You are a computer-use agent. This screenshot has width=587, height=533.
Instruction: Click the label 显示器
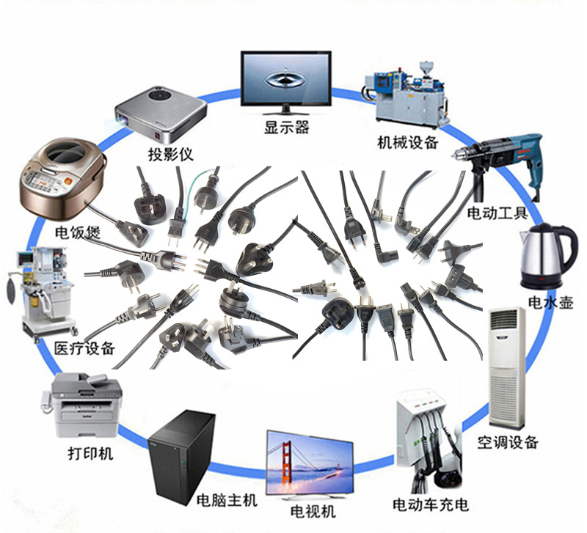[286, 128]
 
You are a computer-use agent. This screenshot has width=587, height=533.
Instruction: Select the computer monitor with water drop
[286, 81]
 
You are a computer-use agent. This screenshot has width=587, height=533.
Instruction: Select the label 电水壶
[549, 303]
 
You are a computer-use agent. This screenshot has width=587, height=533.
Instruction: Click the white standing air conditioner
[507, 366]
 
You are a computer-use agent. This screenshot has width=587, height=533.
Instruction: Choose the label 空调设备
[508, 442]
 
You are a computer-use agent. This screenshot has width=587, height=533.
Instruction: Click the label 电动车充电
[430, 504]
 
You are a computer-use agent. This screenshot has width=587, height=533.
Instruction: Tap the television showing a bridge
[309, 463]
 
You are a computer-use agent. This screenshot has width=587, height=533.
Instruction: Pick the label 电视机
[313, 510]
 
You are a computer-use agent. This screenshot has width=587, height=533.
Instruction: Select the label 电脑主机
[227, 501]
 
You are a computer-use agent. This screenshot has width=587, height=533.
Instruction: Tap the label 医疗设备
[85, 348]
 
